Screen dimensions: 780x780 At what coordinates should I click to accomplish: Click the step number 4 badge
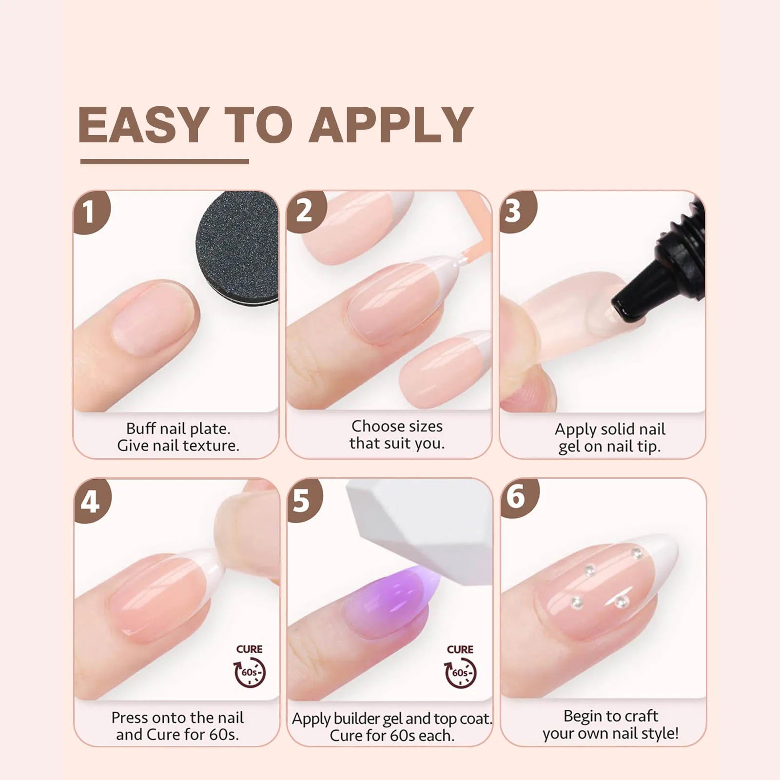point(91,500)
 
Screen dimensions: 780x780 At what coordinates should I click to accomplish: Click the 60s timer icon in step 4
point(250,673)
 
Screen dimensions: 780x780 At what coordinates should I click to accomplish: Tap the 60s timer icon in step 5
point(461,673)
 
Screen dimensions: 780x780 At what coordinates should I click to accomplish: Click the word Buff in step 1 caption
point(141,429)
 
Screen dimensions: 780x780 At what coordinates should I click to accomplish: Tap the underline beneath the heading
point(165,161)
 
